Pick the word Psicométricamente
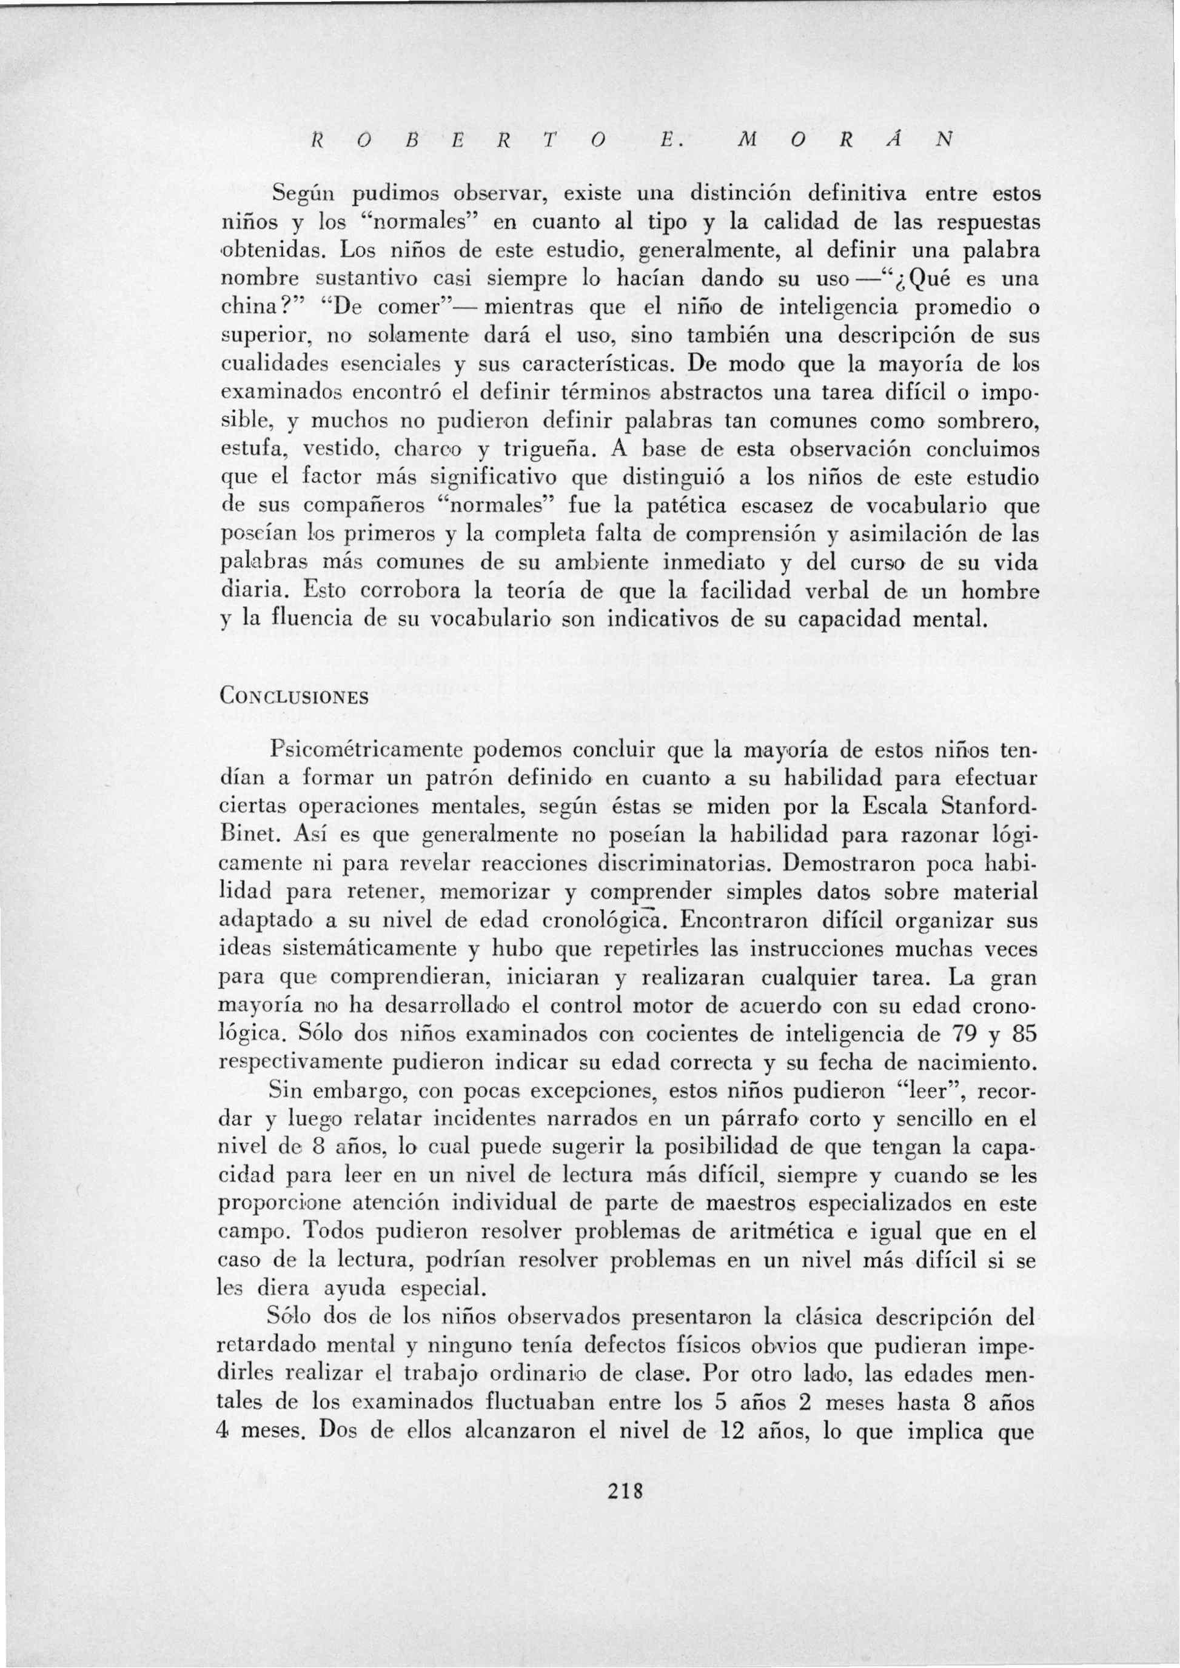(366, 749)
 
